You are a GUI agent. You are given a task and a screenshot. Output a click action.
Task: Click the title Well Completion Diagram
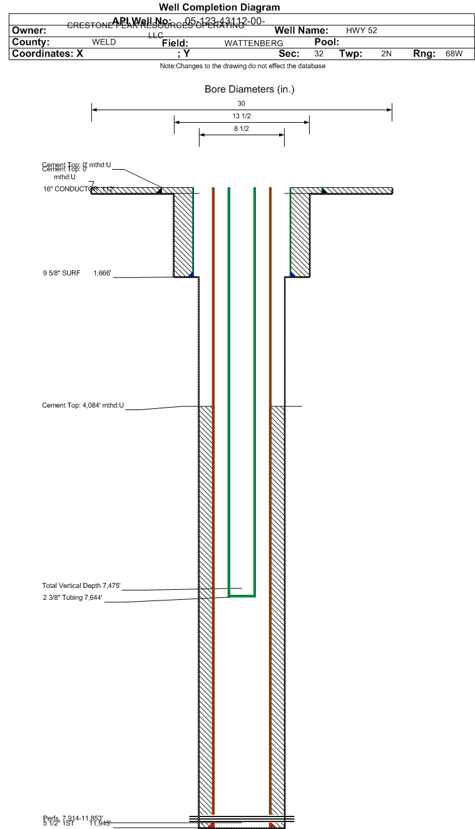pyautogui.click(x=219, y=8)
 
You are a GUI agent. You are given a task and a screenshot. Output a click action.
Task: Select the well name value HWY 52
pyautogui.click(x=361, y=30)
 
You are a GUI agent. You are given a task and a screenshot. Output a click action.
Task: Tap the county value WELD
pyautogui.click(x=104, y=42)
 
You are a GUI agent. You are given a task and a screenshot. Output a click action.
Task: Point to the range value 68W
pyautogui.click(x=454, y=54)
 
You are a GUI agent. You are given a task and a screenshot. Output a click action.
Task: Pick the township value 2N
pyautogui.click(x=386, y=54)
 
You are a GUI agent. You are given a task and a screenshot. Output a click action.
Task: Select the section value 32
pyautogui.click(x=319, y=54)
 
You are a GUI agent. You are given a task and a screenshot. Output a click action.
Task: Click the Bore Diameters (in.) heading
pyautogui.click(x=249, y=90)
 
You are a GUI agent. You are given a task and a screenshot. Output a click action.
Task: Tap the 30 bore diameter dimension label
pyautogui.click(x=242, y=103)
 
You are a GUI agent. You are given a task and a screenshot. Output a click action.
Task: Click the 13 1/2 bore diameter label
pyautogui.click(x=242, y=116)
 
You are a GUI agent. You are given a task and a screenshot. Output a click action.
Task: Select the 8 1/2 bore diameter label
pyautogui.click(x=242, y=129)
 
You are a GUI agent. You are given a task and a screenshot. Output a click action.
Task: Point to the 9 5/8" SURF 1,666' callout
pyautogui.click(x=76, y=273)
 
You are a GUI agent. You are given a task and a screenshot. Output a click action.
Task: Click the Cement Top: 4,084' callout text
pyautogui.click(x=83, y=406)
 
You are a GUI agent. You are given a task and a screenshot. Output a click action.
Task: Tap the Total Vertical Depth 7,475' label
pyautogui.click(x=81, y=585)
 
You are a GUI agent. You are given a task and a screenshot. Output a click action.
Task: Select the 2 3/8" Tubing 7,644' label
pyautogui.click(x=72, y=598)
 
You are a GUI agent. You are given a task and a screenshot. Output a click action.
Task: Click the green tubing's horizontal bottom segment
pyautogui.click(x=242, y=595)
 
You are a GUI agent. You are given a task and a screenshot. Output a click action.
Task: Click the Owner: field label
pyautogui.click(x=29, y=31)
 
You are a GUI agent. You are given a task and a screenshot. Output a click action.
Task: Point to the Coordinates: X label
pyautogui.click(x=48, y=54)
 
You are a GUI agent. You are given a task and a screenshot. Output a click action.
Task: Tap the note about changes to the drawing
pyautogui.click(x=242, y=66)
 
